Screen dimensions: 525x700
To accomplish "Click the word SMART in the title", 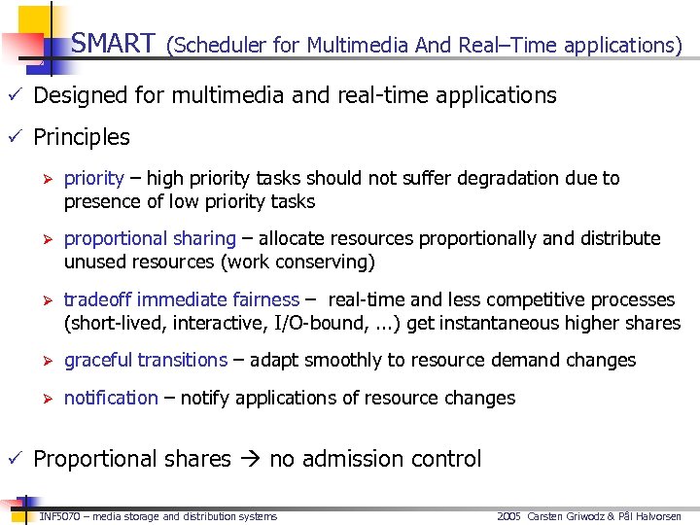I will point(113,44).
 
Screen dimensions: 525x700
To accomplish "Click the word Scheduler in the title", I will point(216,45).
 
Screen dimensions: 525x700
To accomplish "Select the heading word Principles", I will point(82,137).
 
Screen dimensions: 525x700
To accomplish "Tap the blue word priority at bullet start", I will point(93,179).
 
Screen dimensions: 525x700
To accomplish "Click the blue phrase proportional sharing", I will point(150,239).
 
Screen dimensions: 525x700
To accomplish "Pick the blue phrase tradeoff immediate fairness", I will point(181,299).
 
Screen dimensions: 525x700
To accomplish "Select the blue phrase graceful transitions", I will point(145,361).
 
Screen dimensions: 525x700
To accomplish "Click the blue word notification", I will point(111,398).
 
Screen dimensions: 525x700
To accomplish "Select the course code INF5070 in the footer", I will point(59,516).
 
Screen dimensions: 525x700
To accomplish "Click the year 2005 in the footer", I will point(508,516).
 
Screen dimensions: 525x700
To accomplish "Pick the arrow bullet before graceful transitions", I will point(43,361).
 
